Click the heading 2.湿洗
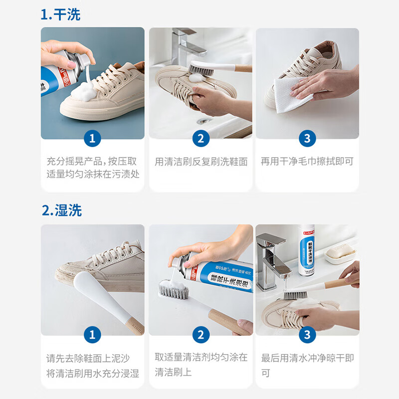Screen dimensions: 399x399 [61, 210]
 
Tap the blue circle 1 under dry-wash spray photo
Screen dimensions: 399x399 [92, 138]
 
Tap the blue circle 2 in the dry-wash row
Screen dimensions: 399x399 [200, 138]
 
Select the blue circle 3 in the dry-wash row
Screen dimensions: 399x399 [307, 138]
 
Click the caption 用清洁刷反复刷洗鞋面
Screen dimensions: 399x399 [200, 162]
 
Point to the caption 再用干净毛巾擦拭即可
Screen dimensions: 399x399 [307, 162]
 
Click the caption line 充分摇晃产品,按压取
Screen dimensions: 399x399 [92, 162]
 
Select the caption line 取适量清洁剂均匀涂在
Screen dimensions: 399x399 [200, 357]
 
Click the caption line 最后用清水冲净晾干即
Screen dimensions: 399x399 [307, 358]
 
